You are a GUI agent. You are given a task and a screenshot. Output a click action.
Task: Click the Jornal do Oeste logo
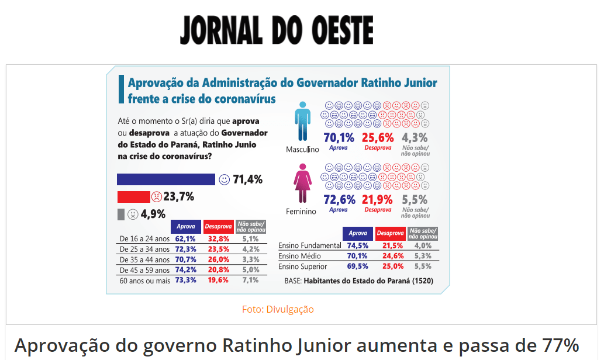tap(277, 30)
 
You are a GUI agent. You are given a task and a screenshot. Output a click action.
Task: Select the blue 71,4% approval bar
tap(166, 179)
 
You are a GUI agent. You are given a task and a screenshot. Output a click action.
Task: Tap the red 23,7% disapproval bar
tap(134, 197)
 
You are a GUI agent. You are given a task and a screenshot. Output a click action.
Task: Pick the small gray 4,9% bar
tap(121, 214)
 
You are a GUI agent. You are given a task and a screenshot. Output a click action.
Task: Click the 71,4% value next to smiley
tap(248, 179)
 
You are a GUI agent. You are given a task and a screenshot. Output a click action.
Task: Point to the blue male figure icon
tap(303, 122)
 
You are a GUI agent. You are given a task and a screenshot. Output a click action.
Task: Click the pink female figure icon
tap(303, 183)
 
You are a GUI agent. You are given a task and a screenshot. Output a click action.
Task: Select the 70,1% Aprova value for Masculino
tap(339, 138)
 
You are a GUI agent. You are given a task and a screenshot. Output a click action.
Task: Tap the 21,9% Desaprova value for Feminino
tap(378, 199)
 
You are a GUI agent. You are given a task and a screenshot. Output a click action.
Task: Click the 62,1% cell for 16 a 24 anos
tap(185, 239)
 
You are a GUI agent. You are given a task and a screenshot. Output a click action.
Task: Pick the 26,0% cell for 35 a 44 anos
tap(218, 259)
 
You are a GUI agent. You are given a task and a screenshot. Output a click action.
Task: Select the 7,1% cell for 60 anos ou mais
tap(250, 281)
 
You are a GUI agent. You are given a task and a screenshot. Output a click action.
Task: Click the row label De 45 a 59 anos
tap(144, 270)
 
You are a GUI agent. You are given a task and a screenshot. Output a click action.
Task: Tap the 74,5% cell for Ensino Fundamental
tap(357, 245)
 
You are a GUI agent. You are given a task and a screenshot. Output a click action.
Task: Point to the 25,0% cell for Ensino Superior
tap(394, 266)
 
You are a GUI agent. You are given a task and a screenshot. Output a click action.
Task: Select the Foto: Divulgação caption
tap(278, 309)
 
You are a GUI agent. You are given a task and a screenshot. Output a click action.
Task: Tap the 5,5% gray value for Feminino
tap(415, 199)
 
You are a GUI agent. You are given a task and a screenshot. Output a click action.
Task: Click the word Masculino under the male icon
tap(302, 149)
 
